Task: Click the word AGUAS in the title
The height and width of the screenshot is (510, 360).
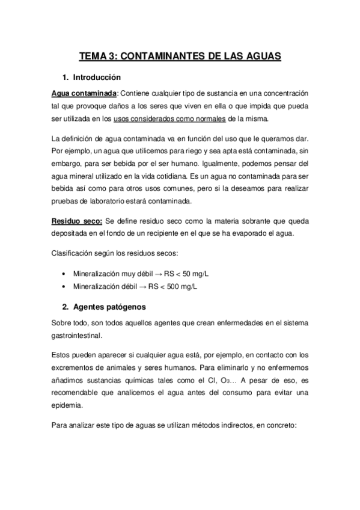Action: (260, 57)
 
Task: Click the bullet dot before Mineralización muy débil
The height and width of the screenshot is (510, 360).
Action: (64, 274)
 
